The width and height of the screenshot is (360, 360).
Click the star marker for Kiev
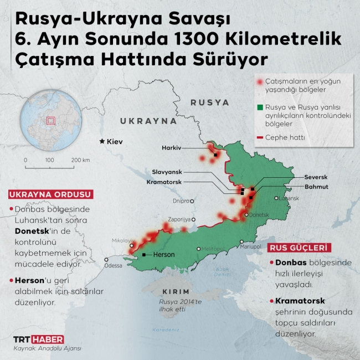(x=101, y=142)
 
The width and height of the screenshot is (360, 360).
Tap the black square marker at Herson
(x=144, y=255)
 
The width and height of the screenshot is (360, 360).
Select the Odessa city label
(x=113, y=265)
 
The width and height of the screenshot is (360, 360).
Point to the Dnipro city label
(x=181, y=200)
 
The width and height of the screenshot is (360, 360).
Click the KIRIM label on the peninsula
(x=176, y=292)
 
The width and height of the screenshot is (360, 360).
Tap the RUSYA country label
(x=209, y=102)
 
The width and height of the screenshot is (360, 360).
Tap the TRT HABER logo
(x=38, y=339)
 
